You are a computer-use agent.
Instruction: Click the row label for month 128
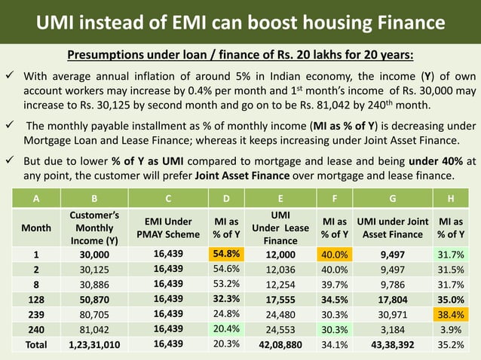(x=32, y=299)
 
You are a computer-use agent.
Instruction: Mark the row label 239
(x=32, y=314)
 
